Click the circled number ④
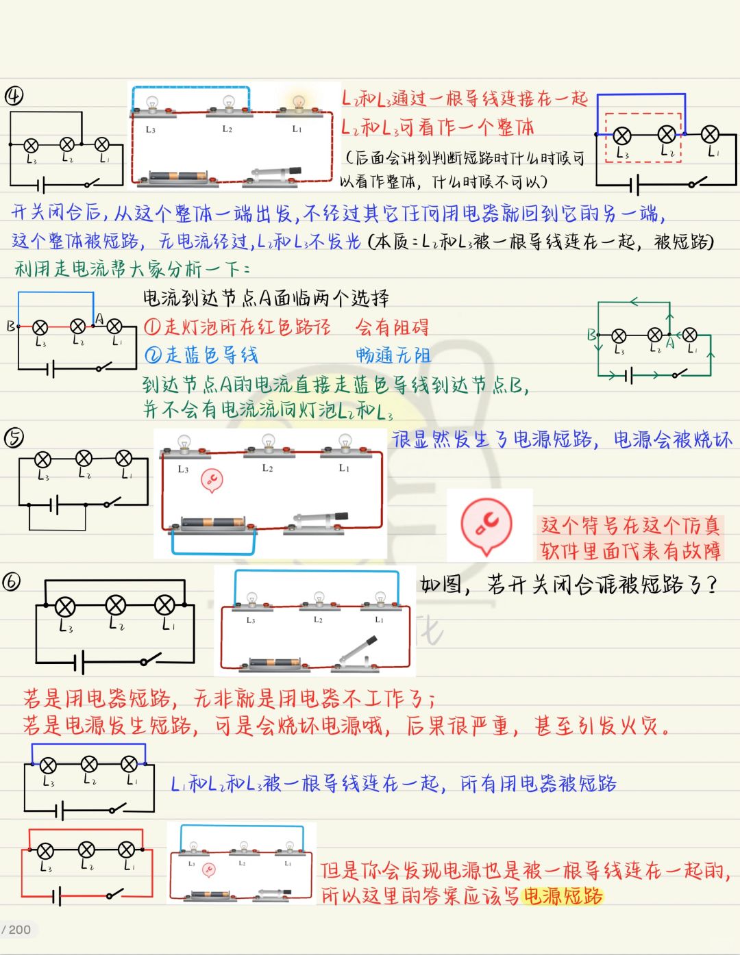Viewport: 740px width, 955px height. (x=14, y=96)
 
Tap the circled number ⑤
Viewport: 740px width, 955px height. (x=14, y=437)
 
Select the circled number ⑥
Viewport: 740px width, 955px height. (x=12, y=582)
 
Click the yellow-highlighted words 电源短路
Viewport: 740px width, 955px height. (x=563, y=896)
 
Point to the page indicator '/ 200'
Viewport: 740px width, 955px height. (x=16, y=930)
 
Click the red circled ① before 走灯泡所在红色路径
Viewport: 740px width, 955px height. (x=152, y=327)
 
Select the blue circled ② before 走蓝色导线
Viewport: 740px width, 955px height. (x=152, y=355)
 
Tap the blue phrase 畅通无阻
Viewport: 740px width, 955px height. (x=393, y=355)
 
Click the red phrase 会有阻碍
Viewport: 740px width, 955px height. (x=392, y=327)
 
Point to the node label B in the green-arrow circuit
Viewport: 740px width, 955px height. (x=591, y=335)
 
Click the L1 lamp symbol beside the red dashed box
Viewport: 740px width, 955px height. (x=711, y=134)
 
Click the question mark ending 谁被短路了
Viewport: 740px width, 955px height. (x=711, y=585)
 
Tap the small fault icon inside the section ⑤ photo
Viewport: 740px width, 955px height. (x=212, y=481)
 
